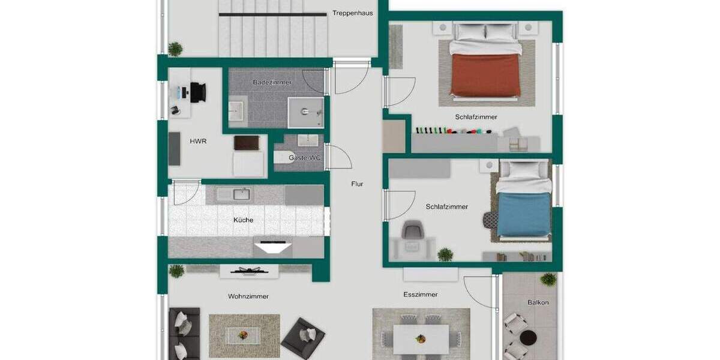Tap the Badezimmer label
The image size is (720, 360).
tap(272, 82)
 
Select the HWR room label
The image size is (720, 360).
tap(198, 142)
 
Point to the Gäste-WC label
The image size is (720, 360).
tap(305, 158)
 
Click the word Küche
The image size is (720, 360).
tap(243, 220)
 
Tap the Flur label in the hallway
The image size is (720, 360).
tap(357, 184)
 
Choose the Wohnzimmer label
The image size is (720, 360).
tap(248, 296)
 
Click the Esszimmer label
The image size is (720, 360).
tap(420, 295)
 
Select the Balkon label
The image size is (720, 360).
tap(538, 303)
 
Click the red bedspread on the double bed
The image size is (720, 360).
tap(485, 75)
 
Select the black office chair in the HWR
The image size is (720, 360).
tap(197, 92)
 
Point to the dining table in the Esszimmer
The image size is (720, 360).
tap(421, 339)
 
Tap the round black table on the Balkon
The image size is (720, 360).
tap(528, 337)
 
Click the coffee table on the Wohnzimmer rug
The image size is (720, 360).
tap(244, 335)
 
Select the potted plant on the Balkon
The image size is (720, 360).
tap(548, 279)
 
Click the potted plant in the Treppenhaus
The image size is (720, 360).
tap(175, 49)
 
